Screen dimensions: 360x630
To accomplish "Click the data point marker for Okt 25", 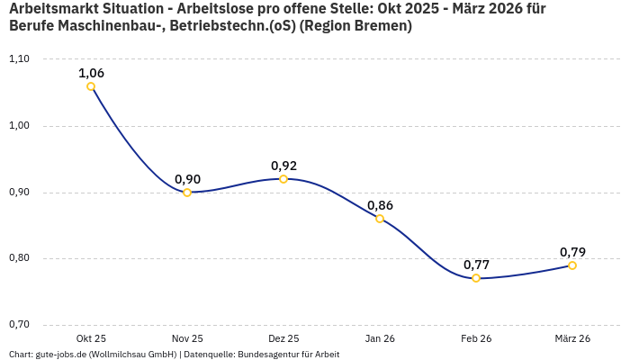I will coord(91,86).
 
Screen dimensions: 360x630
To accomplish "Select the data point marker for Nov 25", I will coord(187,193).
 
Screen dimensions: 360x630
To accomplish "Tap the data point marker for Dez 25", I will coord(283,179).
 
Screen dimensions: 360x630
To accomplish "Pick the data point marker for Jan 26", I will coord(380,219).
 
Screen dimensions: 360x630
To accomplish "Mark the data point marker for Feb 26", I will coord(476,278).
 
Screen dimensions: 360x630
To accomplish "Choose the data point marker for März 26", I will coord(572,265).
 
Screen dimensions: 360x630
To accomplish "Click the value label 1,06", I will coord(91,73).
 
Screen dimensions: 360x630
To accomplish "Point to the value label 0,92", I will coord(283,166).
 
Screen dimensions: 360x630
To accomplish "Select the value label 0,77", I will coord(476,265).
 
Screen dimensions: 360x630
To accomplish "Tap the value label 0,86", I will coord(380,205).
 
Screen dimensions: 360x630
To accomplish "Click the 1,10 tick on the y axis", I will coord(19,59).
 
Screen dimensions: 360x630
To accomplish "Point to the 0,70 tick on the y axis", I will coord(19,325).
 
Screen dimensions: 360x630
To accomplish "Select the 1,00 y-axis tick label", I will coord(19,126).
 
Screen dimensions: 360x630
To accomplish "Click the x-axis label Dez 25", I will coord(283,338).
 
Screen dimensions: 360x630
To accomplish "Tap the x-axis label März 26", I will coord(572,338).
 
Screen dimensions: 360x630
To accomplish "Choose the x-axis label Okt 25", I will coord(91,338).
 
